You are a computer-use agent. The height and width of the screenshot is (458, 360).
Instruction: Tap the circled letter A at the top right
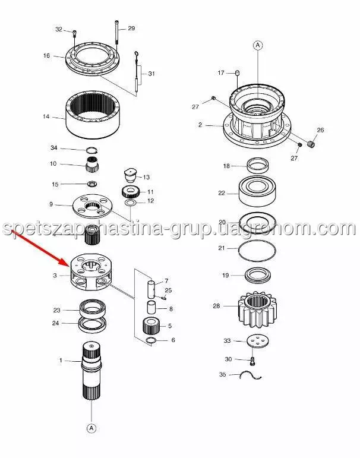tap(258, 45)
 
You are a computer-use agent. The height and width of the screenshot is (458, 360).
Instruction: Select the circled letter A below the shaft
tap(91, 428)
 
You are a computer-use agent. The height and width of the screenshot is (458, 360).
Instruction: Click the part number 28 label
tap(216, 306)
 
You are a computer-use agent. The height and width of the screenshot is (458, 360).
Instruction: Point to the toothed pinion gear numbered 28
tap(257, 311)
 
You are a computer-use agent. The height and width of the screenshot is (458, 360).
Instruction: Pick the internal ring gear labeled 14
tap(93, 115)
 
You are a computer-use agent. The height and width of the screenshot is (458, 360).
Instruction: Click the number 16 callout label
tap(46, 55)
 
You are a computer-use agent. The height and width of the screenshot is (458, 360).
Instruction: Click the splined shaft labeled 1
tap(91, 371)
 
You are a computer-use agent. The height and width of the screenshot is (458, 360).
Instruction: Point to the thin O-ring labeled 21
tap(257, 250)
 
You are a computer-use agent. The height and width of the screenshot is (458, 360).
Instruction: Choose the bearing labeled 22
tap(257, 191)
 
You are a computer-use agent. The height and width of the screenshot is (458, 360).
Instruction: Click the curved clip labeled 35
tap(250, 375)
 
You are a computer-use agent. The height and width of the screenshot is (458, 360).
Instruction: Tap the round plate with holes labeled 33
tap(257, 342)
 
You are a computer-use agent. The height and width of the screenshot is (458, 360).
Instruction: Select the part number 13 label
tap(146, 177)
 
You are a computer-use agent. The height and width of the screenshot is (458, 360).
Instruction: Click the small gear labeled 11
tap(130, 192)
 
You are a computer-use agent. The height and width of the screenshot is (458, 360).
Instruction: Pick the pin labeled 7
tap(150, 289)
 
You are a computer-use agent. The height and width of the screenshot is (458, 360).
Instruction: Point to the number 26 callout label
tap(320, 129)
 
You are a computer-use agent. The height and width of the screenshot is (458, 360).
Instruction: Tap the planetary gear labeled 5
tap(151, 326)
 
